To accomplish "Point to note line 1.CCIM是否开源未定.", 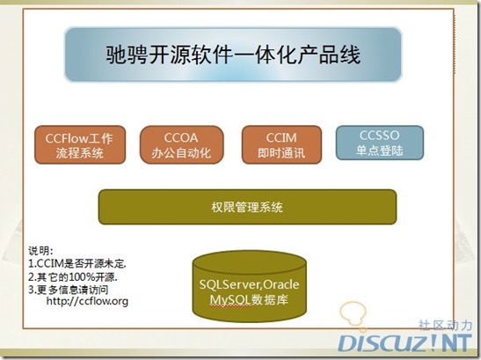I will pyautogui.click(x=77, y=263).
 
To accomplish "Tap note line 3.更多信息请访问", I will pyautogui.click(x=73, y=288).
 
